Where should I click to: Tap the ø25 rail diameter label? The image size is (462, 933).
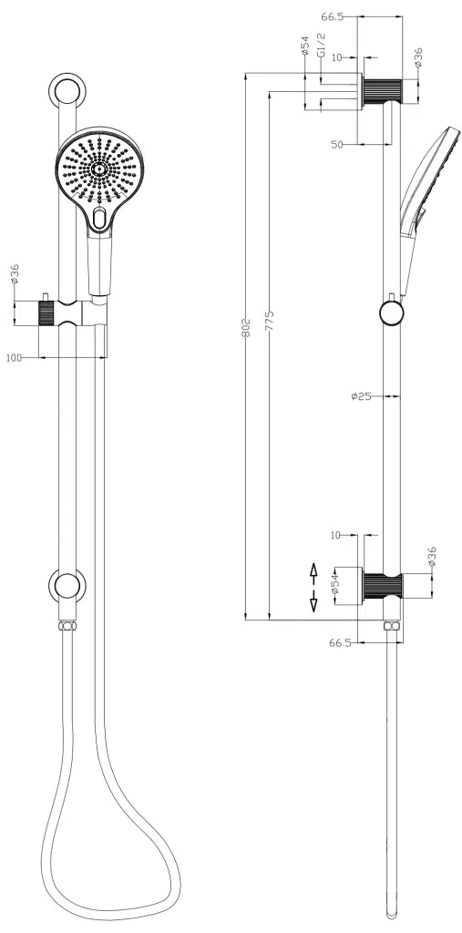(x=362, y=395)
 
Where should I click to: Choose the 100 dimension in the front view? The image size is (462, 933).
(x=14, y=358)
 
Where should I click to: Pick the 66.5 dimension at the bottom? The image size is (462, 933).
(x=340, y=642)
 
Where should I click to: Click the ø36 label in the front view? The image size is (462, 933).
(x=15, y=275)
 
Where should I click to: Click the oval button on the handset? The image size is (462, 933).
(x=99, y=216)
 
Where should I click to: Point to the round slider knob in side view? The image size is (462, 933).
(x=391, y=314)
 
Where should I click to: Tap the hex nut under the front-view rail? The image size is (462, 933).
(x=67, y=627)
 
